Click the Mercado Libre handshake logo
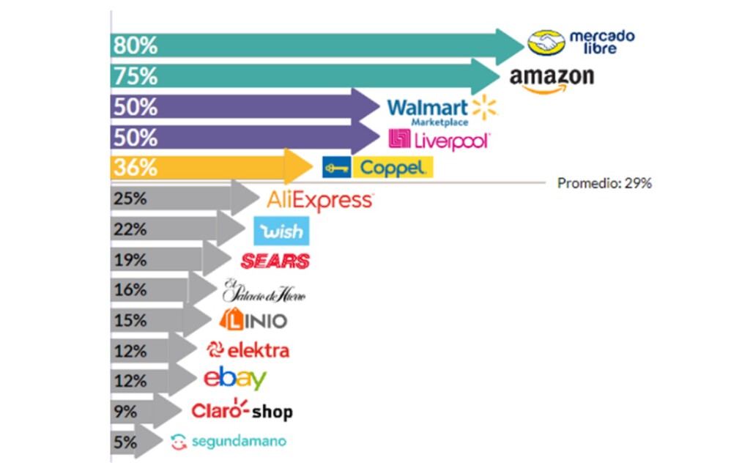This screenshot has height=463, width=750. click(x=546, y=42)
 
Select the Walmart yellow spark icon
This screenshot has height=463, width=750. click(x=485, y=107)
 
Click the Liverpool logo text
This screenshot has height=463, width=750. click(x=452, y=141)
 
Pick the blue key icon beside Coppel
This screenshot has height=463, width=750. click(x=337, y=168)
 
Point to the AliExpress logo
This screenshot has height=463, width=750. click(x=320, y=201)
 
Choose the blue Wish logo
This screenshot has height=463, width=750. click(x=281, y=231)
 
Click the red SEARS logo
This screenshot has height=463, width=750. click(x=275, y=261)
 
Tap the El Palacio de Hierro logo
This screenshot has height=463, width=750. click(x=264, y=290)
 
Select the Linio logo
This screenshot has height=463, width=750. click(x=253, y=319)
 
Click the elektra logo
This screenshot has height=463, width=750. click(x=248, y=350)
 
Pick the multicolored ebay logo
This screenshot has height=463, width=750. click(x=235, y=378)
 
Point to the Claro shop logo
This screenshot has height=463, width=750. click(x=242, y=410)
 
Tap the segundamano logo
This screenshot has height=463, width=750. click(x=229, y=441)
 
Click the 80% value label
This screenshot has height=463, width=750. click(x=135, y=45)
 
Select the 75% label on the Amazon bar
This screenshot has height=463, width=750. click(x=135, y=76)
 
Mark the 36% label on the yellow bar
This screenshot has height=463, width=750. click(x=135, y=168)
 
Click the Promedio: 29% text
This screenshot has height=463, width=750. click(x=604, y=183)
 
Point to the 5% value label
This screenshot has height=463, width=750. click(x=125, y=442)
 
